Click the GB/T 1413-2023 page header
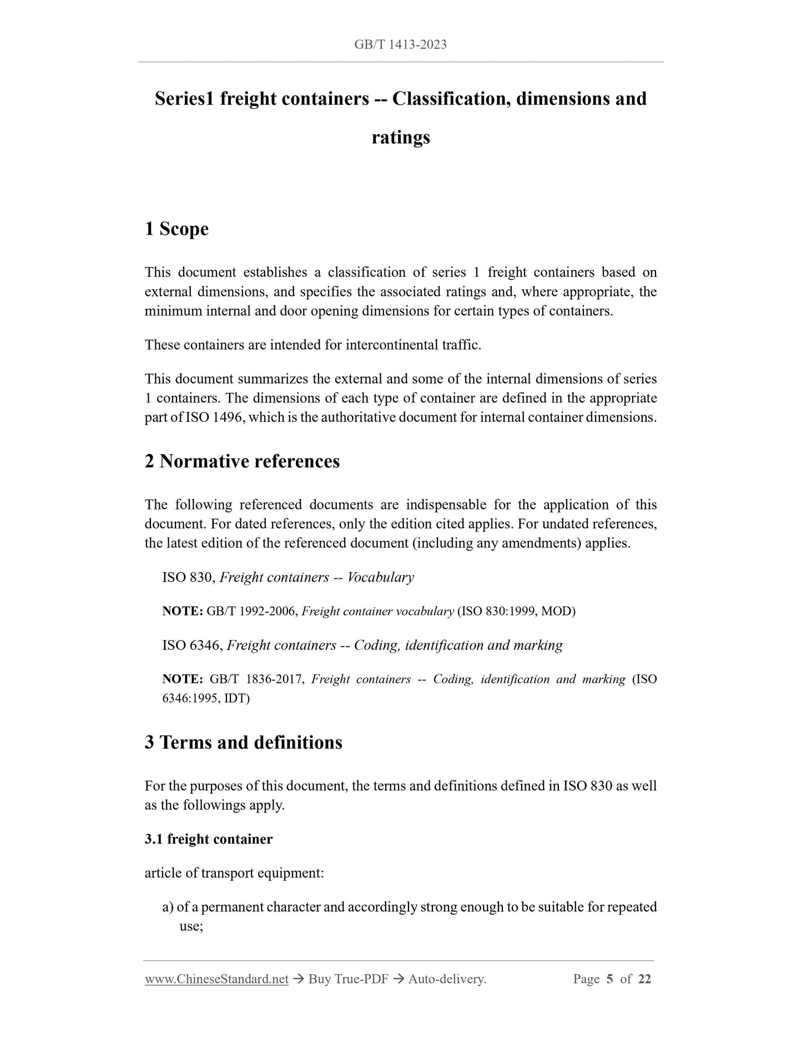tap(400, 45)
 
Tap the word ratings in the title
tap(401, 137)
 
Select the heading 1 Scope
tap(176, 229)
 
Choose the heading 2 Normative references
tap(242, 461)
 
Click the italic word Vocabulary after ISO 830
tap(381, 577)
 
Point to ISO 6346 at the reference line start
tap(192, 645)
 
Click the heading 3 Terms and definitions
tap(244, 742)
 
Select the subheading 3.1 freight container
tap(209, 839)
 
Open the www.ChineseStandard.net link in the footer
tap(216, 979)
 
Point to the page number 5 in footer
tap(609, 979)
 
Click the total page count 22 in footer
tap(644, 979)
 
